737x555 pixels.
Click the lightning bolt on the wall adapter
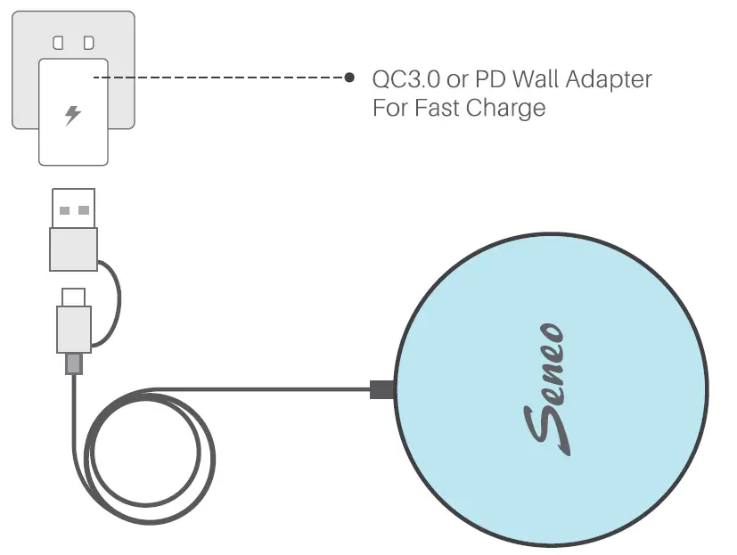pos(73,115)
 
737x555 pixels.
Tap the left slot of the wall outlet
pos(59,42)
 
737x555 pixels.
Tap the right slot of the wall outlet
pos(87,42)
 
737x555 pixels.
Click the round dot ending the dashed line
pos(349,78)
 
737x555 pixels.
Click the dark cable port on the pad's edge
pos(382,388)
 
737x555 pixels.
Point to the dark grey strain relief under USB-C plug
pos(74,363)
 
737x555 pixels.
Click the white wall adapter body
pos(73,134)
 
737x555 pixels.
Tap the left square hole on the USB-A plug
pos(64,211)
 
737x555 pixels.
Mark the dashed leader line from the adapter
pos(223,78)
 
